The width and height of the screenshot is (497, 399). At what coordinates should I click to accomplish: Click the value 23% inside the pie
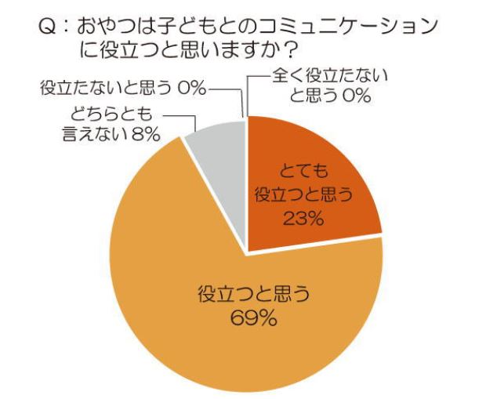(x=303, y=219)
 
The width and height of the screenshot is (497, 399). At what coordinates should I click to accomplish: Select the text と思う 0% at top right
(x=331, y=96)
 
